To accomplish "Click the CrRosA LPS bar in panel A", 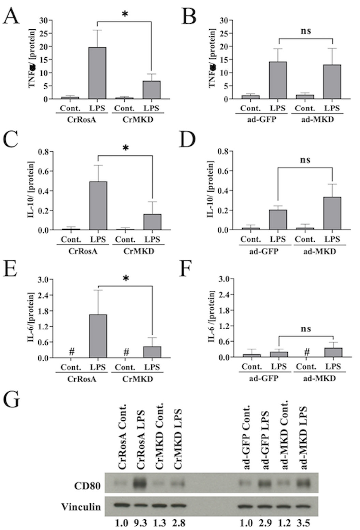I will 97,73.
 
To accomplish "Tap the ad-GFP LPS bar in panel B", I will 278,80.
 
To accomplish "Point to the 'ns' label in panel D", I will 306,159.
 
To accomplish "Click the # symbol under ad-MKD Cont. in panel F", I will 307,352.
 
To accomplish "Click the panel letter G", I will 11,400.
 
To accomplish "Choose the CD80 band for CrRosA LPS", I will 140,483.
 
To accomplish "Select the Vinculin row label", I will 81,506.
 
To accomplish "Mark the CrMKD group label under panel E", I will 139,379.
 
